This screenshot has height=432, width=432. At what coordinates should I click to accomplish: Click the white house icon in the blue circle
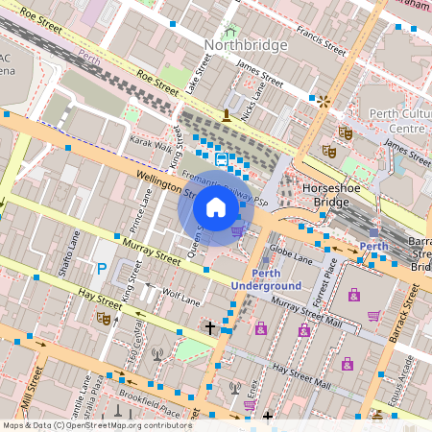tap(216, 207)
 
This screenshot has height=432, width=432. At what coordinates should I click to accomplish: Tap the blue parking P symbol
tap(100, 270)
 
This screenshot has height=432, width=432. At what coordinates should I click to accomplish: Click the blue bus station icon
tap(222, 159)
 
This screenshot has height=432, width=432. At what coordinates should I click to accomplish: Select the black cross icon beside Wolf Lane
tap(210, 328)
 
